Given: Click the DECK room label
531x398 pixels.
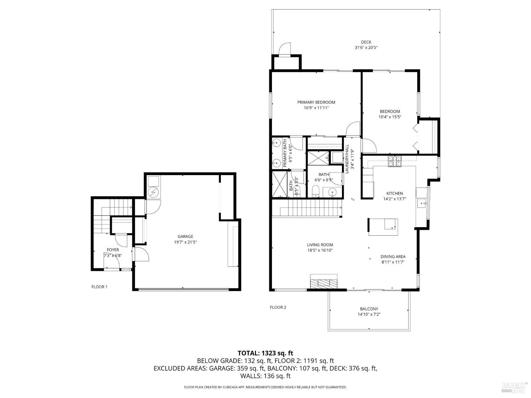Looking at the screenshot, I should click(x=366, y=42).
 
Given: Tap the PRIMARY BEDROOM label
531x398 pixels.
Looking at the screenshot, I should click(x=316, y=102).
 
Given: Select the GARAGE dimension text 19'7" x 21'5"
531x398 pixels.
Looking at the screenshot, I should click(x=185, y=242).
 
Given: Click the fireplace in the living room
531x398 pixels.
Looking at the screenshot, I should click(x=324, y=282).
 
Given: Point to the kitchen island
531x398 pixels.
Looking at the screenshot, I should click(x=383, y=227).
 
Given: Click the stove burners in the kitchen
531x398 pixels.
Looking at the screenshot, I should click(x=395, y=161).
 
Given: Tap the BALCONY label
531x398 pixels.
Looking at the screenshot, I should click(x=369, y=309).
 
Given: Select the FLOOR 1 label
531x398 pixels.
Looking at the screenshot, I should click(x=99, y=287).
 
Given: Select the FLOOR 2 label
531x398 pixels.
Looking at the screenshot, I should click(x=278, y=307).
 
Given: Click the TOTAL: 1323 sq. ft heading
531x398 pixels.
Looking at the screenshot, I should click(x=265, y=353).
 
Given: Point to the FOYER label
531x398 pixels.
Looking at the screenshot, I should click(x=113, y=250).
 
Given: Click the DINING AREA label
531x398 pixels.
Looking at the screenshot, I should click(x=393, y=257).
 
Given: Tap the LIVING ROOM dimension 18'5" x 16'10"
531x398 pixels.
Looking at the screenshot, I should click(x=320, y=250).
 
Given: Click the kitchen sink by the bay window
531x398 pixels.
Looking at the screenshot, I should click(x=422, y=203).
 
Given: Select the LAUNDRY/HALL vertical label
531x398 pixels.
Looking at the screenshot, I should click(x=347, y=159).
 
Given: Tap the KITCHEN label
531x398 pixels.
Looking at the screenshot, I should click(x=394, y=194).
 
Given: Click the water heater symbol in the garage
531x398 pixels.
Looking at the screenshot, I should click(x=154, y=193).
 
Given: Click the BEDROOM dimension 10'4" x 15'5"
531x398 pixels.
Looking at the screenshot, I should click(x=390, y=117).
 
